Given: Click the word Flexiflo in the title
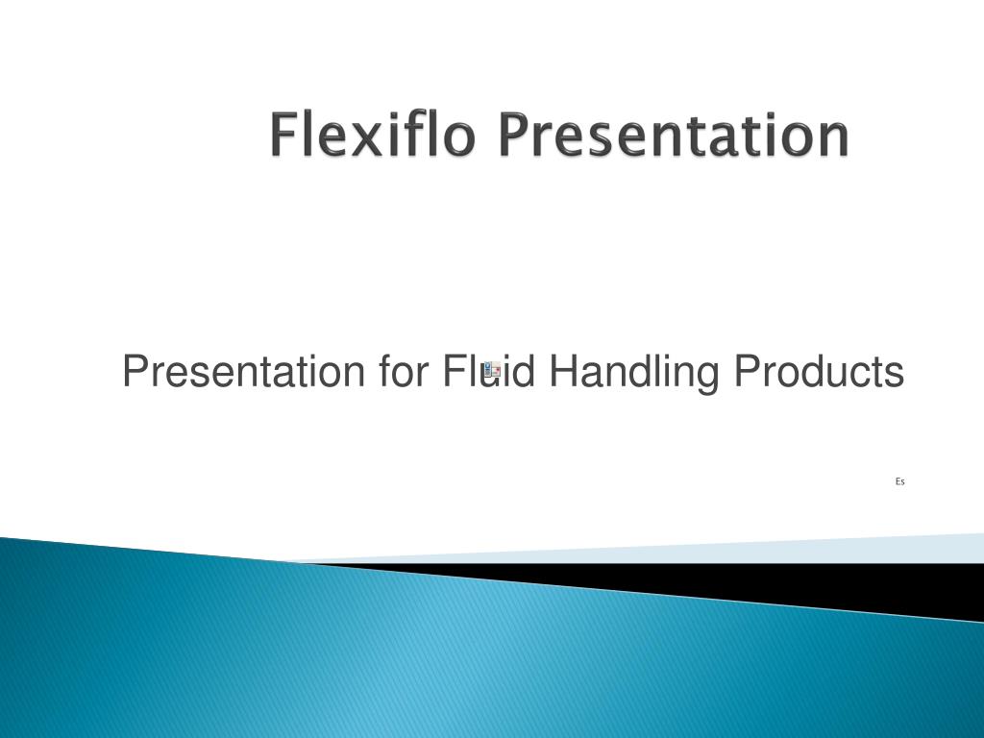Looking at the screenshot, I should (x=371, y=135).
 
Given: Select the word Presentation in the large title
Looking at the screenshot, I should (x=675, y=136).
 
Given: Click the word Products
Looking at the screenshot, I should (x=819, y=372).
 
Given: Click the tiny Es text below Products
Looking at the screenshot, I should (x=899, y=481).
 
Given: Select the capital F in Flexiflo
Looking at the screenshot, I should (x=283, y=135).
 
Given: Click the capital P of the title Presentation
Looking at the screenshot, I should (x=513, y=135).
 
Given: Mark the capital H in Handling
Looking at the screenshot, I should (x=561, y=371).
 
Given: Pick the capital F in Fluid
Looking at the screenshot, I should (x=453, y=371).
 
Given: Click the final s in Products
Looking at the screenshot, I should (x=895, y=376).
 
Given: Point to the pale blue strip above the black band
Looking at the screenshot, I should (x=865, y=548).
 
